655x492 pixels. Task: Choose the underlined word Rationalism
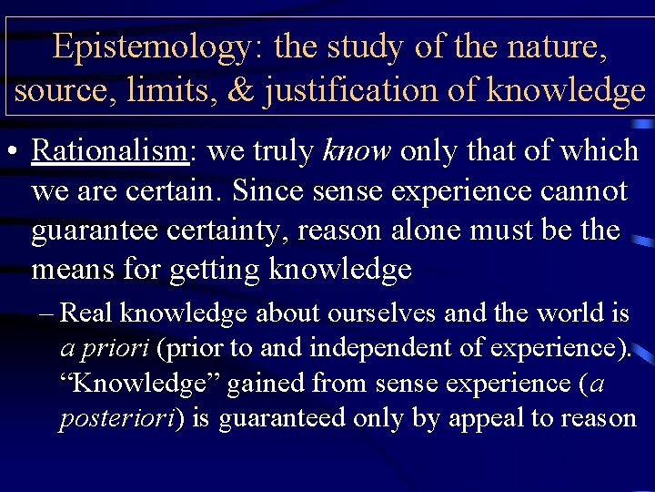click(110, 151)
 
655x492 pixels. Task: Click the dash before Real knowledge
click(45, 314)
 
